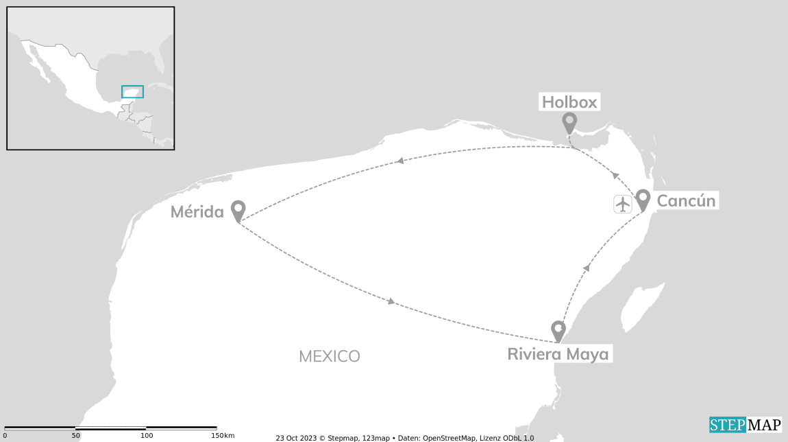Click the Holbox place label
coord(570,102)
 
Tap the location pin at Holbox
coord(569,122)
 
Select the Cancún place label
coord(687,200)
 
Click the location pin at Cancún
coord(642,198)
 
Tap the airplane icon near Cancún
coord(623,204)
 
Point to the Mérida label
coord(197,212)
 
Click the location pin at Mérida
coord(238,210)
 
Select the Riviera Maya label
coord(558,354)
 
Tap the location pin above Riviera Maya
coord(558,330)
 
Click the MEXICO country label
coord(330,356)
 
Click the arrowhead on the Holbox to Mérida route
coord(399,161)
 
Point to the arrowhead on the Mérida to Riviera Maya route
coord(391,301)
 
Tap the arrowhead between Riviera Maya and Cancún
coord(586,267)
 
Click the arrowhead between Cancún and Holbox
coord(615,176)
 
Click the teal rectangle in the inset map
coord(132,91)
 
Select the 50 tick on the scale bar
coord(76,435)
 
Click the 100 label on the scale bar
coord(147,435)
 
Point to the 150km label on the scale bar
coord(223,435)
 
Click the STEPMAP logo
coord(745,425)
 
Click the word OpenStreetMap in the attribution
coord(454,438)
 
